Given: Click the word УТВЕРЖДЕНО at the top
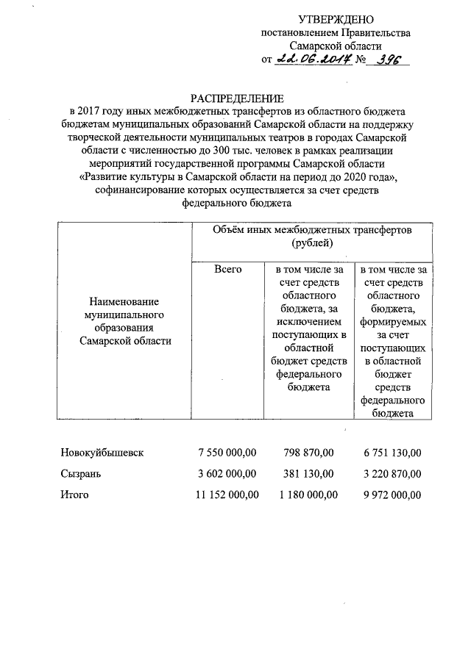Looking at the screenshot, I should tap(336, 19).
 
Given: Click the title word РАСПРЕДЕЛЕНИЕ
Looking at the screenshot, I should tap(237, 98).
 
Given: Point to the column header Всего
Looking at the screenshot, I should tap(228, 270).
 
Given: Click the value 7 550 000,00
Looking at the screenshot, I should tap(227, 451).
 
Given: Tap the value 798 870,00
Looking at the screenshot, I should tap(309, 451).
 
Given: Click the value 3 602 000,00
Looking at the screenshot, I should tap(227, 473).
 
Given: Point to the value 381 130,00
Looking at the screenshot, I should tap(309, 473).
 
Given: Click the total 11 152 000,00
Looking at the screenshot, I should tap(224, 495).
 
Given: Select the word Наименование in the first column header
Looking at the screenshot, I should tap(124, 302).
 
